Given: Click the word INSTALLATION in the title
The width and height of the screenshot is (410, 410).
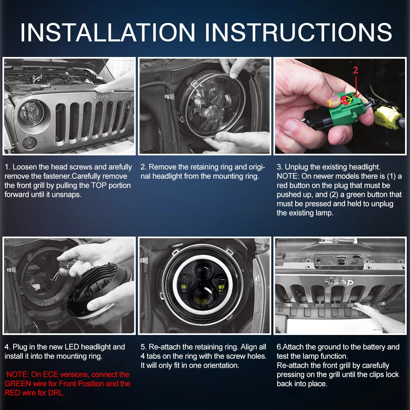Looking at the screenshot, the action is pos(108,32).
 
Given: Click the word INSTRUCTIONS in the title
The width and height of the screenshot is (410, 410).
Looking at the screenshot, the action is pos(298,32).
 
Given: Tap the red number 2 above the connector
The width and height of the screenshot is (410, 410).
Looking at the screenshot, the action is pos(355,70).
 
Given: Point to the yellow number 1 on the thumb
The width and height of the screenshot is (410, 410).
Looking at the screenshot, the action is pos(330,102).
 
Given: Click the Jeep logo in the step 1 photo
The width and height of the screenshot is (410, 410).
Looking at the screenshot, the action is pos(100,97).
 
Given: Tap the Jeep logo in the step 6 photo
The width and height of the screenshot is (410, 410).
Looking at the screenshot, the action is pos(339,282).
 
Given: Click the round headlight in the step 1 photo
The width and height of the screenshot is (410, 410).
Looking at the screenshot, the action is pos(31,113).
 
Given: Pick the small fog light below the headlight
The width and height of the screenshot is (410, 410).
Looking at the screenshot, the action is pos(29,143).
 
